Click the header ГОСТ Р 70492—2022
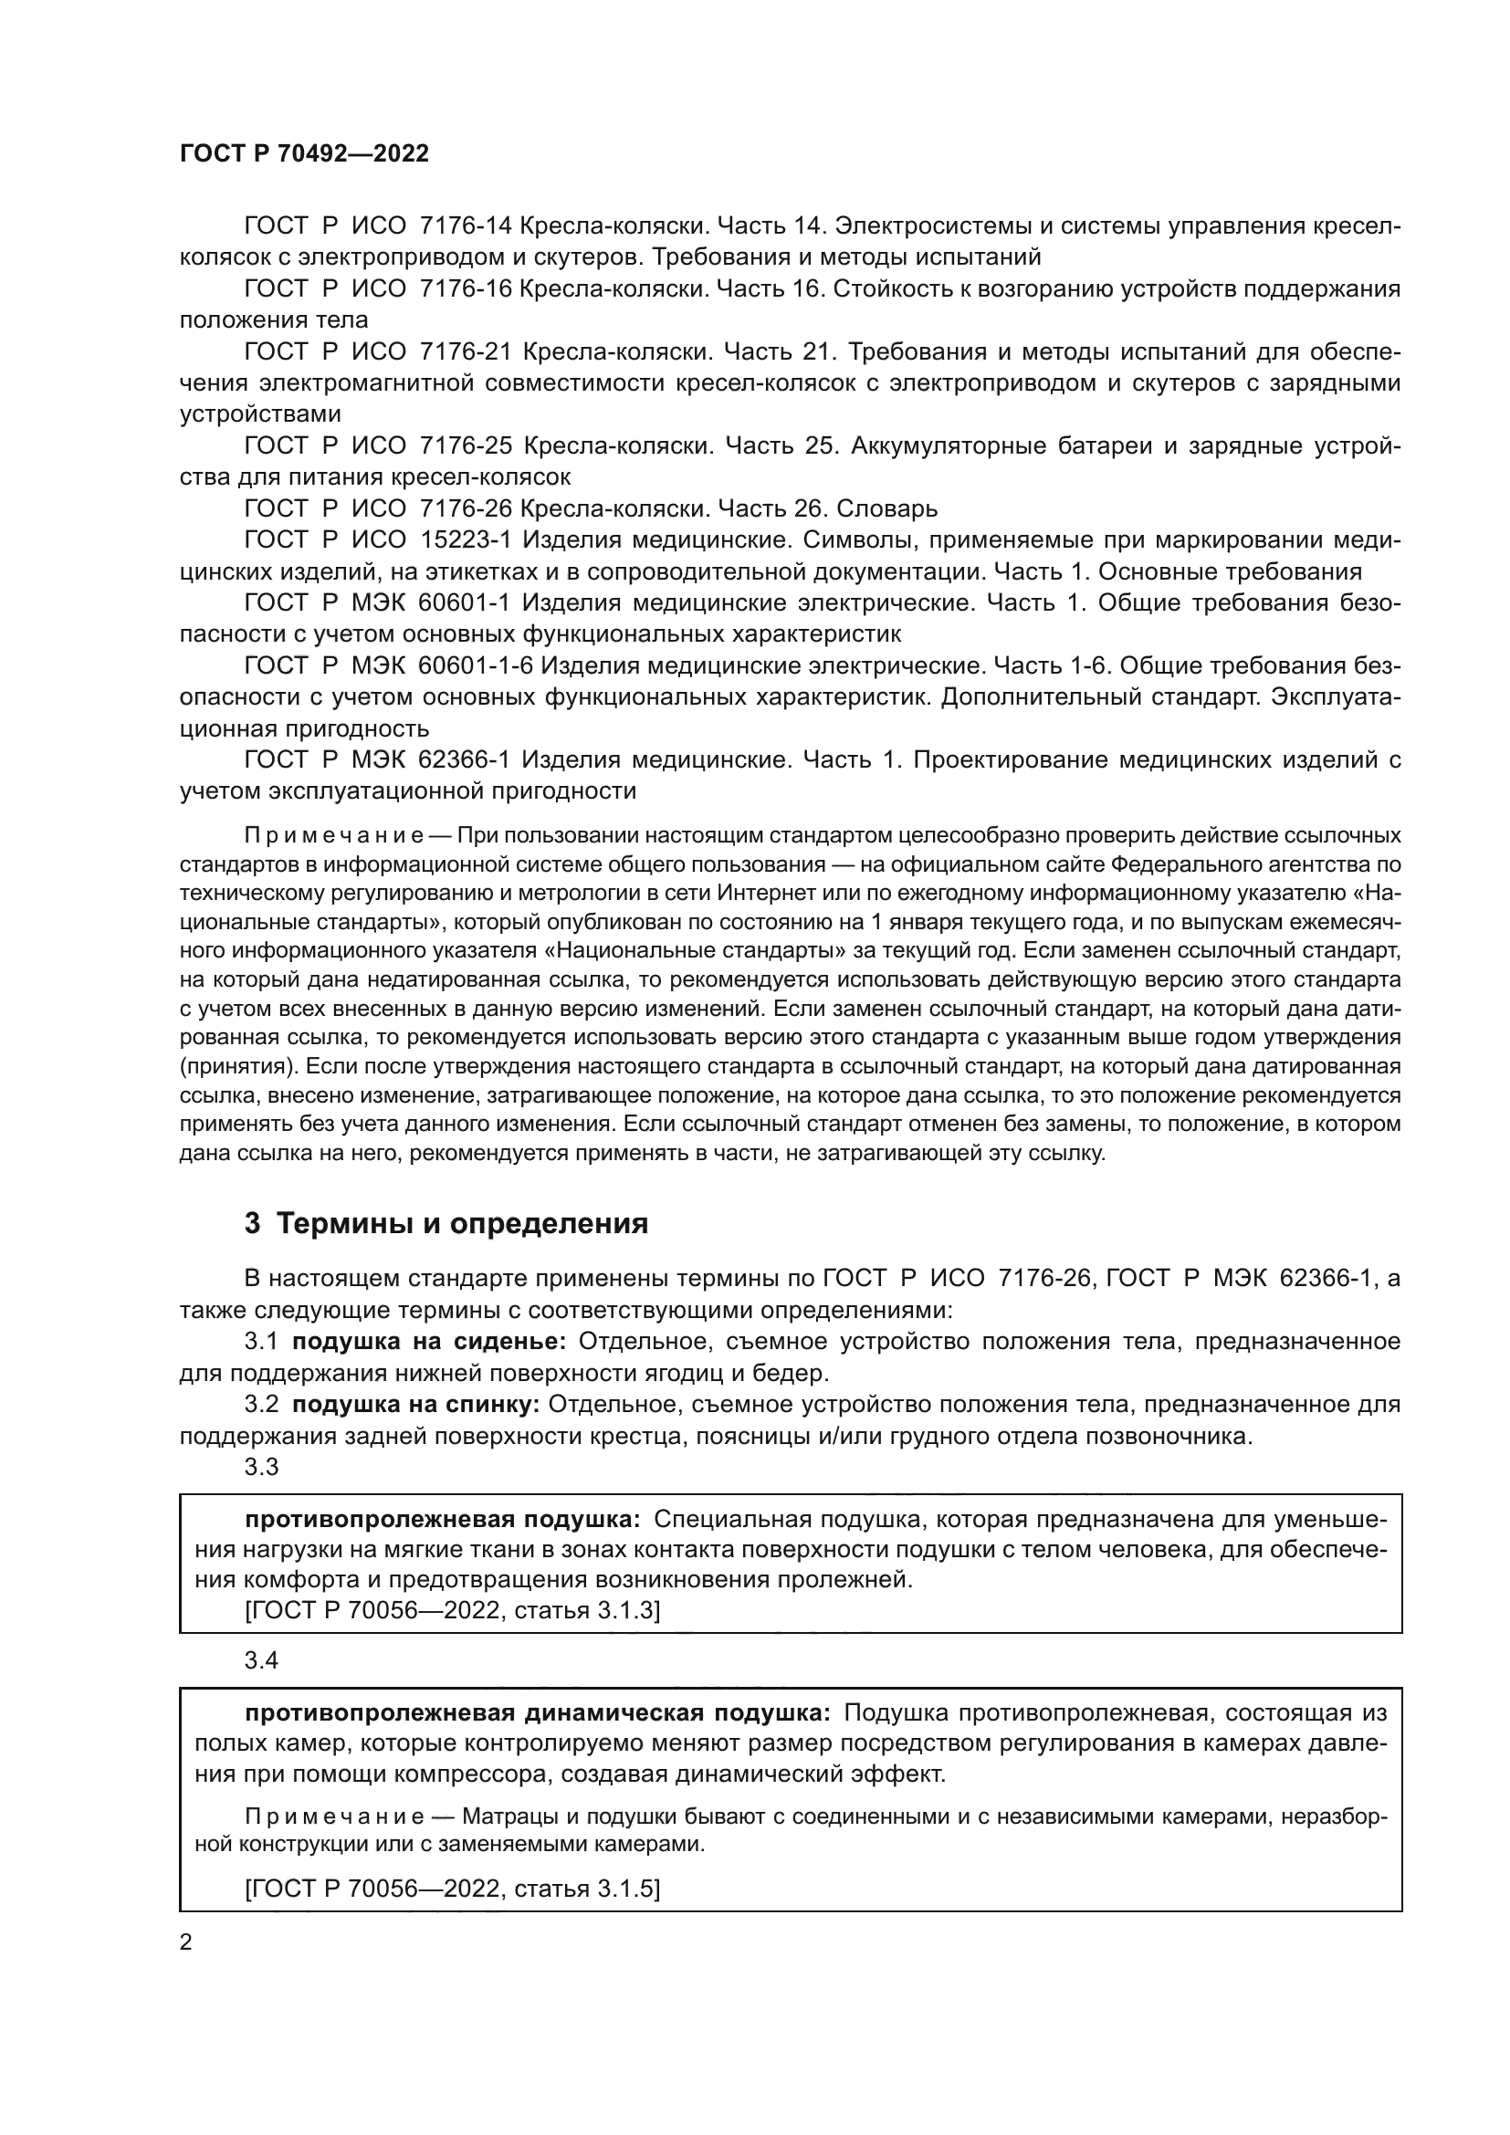click(304, 154)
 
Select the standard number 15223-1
click(466, 540)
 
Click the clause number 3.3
click(261, 1468)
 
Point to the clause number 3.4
click(261, 1660)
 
